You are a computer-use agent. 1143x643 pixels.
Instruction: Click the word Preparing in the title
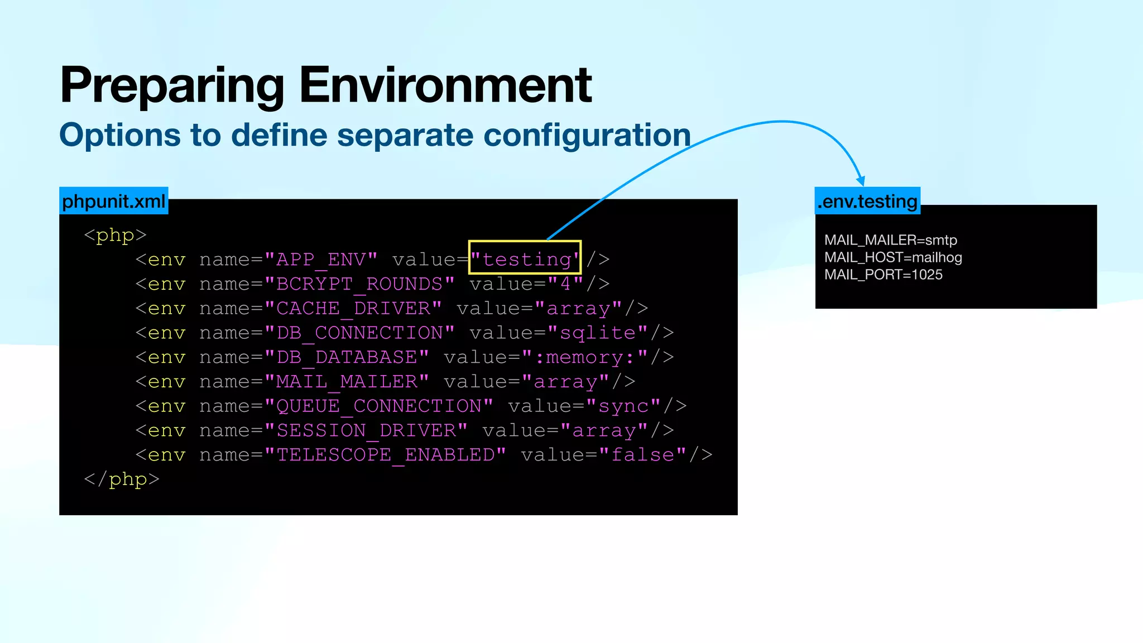click(172, 87)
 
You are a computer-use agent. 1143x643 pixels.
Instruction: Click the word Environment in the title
click(445, 85)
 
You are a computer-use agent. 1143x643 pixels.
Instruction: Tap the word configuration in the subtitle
click(587, 136)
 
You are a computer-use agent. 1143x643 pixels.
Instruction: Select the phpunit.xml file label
click(114, 201)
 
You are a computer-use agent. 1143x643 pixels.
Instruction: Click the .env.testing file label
click(867, 201)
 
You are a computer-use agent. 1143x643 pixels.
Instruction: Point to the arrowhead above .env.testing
click(861, 181)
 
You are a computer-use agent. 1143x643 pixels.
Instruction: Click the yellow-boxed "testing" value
click(525, 259)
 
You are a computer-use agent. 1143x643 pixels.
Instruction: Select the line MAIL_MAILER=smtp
click(891, 240)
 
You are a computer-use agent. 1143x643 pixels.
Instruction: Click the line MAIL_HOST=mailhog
click(893, 257)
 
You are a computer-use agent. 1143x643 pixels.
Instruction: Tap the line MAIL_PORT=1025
click(883, 275)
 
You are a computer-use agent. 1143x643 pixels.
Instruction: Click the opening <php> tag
click(115, 235)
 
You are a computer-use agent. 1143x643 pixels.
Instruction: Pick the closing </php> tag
click(122, 479)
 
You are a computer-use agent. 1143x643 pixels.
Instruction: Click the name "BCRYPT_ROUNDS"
click(359, 284)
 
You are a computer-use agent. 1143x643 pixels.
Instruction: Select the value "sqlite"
click(598, 333)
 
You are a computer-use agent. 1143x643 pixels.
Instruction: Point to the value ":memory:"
click(585, 357)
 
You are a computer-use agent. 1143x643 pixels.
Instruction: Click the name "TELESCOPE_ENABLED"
click(385, 455)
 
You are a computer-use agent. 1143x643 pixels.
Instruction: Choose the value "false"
click(642, 455)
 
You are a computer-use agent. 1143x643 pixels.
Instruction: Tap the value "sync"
click(623, 406)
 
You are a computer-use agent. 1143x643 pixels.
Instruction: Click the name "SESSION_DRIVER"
click(366, 430)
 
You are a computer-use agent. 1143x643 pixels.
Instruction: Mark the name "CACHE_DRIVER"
click(353, 308)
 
